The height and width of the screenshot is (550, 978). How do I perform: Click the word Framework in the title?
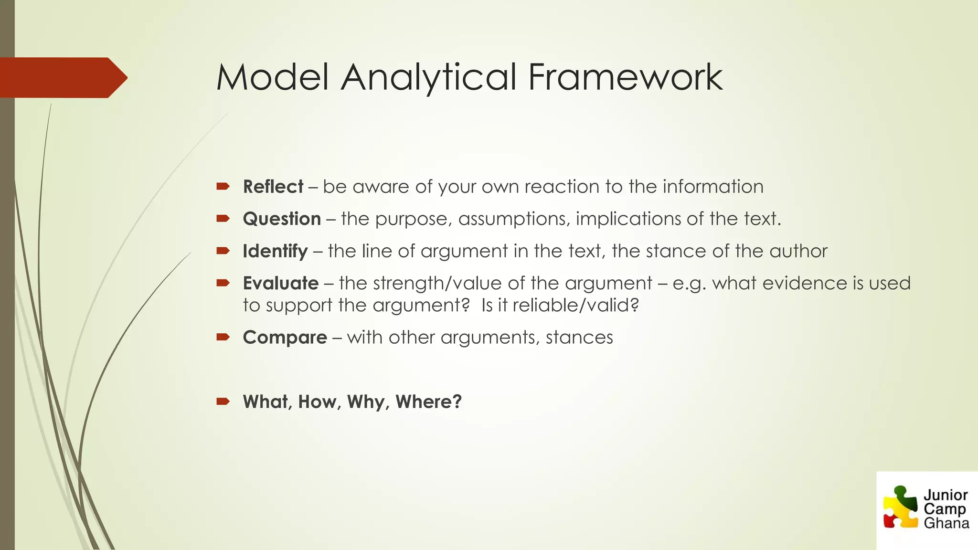(x=625, y=77)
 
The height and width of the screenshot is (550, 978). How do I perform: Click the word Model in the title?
(x=273, y=77)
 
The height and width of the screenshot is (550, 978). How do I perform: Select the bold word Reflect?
(x=273, y=187)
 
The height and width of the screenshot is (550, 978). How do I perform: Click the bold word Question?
(x=282, y=219)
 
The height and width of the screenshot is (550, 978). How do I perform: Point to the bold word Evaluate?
(x=281, y=284)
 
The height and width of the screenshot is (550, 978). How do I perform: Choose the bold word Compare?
(x=285, y=338)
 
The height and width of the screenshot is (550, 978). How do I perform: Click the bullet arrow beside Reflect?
(x=223, y=187)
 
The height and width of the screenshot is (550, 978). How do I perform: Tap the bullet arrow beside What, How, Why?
(x=223, y=402)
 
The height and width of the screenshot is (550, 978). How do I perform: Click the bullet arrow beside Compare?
(x=223, y=338)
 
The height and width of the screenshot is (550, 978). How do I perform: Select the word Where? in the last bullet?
(x=428, y=402)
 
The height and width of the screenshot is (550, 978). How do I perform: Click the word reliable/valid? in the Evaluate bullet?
(x=575, y=305)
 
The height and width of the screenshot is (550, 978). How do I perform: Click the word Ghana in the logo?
(x=946, y=524)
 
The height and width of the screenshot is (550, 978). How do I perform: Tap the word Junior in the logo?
(x=946, y=495)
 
